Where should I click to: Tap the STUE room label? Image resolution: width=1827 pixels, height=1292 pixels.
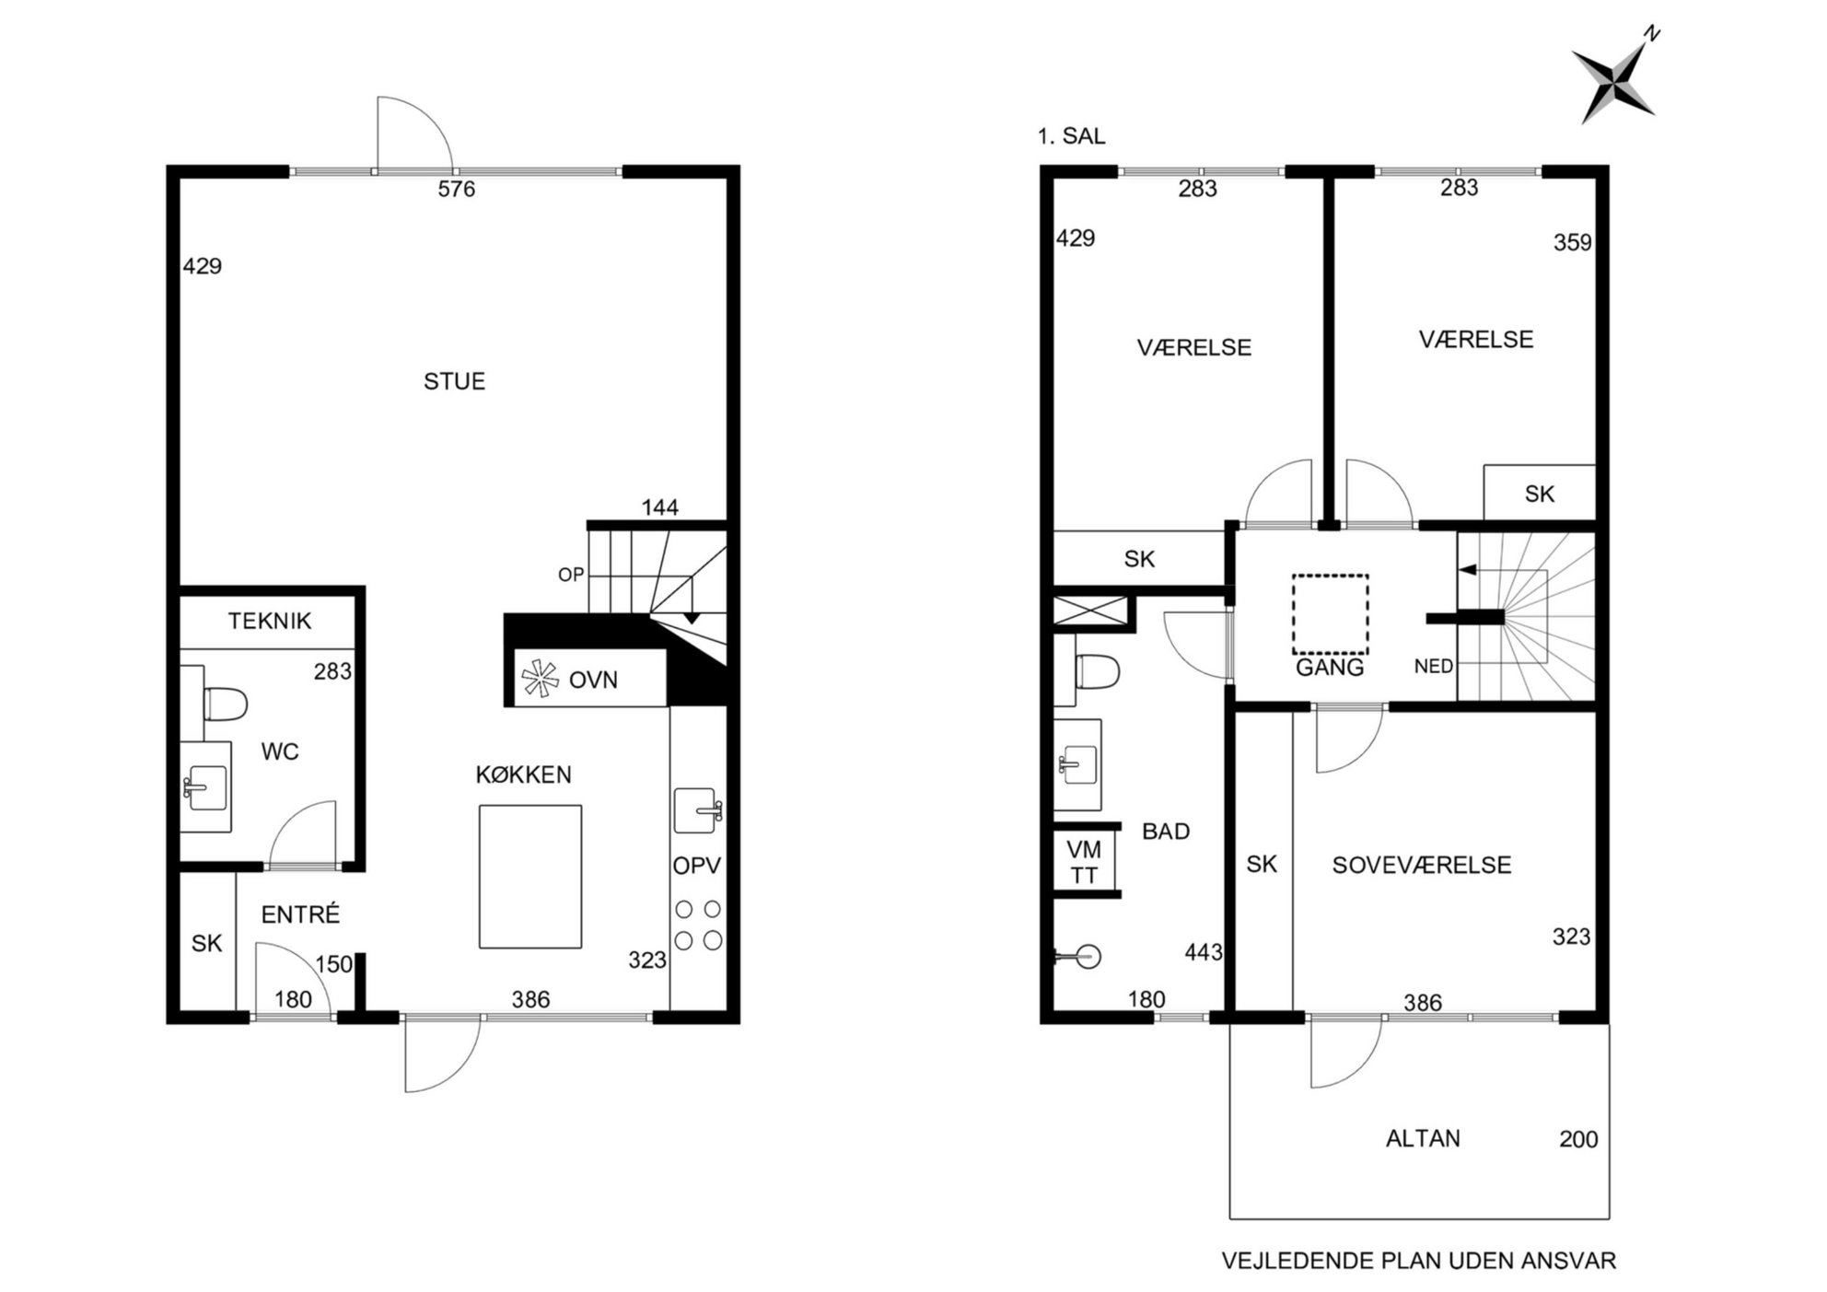454,381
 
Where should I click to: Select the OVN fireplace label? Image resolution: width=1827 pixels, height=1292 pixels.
593,681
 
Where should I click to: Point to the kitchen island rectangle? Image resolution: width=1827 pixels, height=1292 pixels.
529,877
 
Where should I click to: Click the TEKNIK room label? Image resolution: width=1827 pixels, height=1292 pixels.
270,621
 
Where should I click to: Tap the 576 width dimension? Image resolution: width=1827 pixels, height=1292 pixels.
457,189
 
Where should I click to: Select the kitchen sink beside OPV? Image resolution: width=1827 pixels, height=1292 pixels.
697,810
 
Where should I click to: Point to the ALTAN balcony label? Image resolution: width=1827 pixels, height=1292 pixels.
1423,1139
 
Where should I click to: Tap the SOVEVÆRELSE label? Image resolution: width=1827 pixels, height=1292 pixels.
1422,866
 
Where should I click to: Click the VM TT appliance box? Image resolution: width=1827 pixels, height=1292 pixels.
1084,862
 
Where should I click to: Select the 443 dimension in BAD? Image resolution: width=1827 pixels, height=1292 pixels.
1204,952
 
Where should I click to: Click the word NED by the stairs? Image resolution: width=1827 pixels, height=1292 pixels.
1434,666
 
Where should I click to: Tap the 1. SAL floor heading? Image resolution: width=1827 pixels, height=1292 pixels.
1071,136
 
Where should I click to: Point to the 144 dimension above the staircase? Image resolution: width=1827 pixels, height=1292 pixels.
660,507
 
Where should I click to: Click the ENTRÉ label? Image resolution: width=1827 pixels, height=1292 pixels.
300,914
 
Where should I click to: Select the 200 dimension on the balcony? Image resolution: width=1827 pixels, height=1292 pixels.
1578,1140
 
